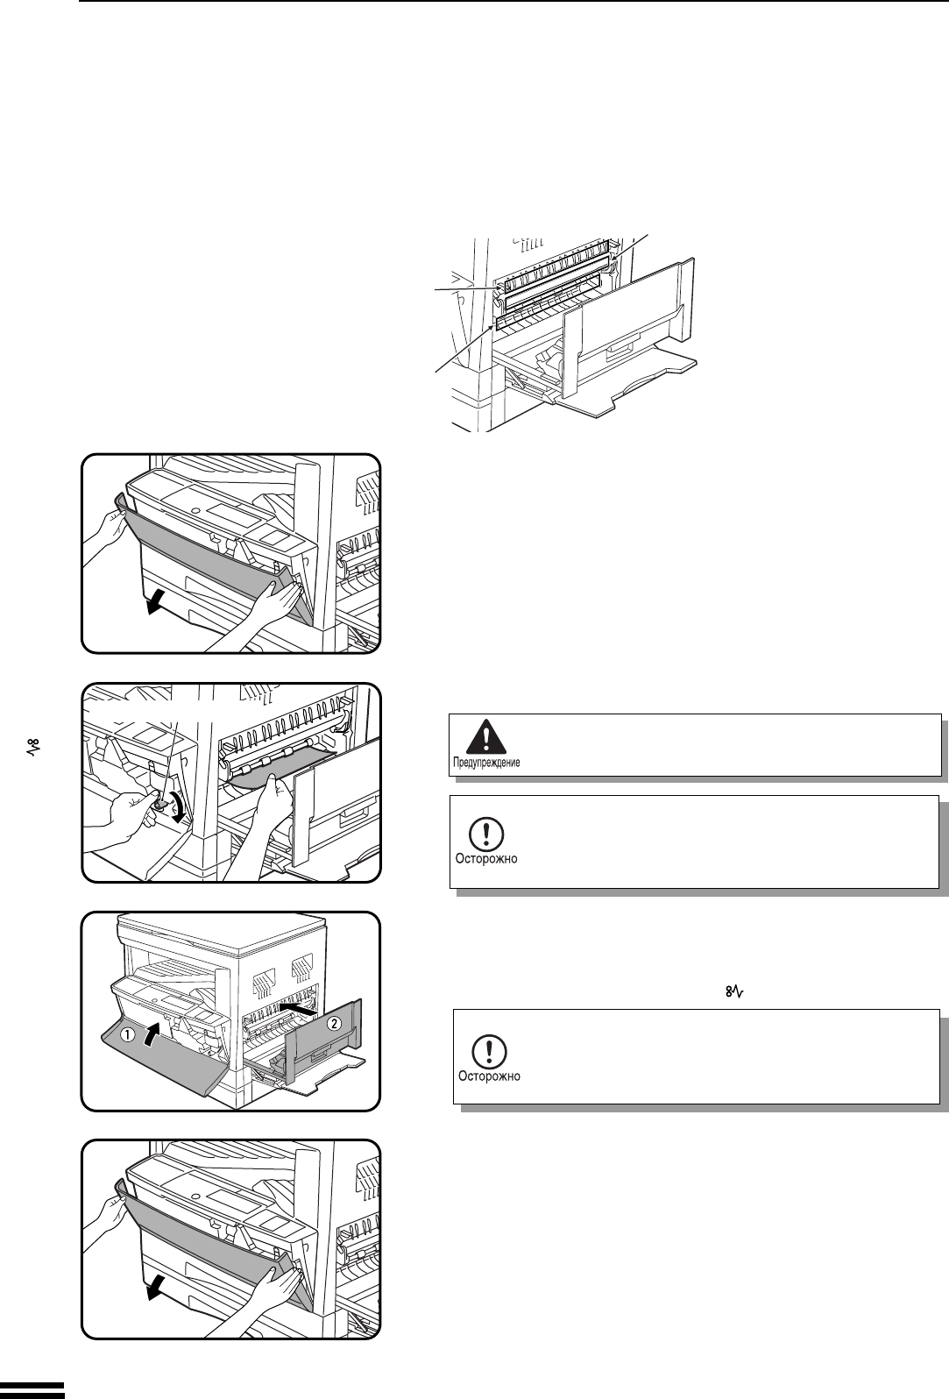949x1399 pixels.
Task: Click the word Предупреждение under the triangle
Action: pos(485,763)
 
